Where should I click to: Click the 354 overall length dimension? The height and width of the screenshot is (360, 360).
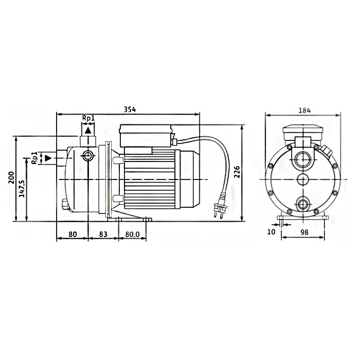(130, 109)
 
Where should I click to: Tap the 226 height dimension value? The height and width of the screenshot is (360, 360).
(237, 172)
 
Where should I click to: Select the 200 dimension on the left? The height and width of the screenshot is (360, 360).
(11, 177)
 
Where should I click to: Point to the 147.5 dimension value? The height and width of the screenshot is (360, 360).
(22, 189)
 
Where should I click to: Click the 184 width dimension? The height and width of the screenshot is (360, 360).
(304, 111)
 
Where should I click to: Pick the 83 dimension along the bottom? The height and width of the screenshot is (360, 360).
(103, 234)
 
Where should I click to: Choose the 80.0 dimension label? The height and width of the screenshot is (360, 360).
(133, 235)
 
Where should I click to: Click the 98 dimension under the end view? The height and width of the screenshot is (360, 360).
(304, 232)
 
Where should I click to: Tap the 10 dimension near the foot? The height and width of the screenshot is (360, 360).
(271, 231)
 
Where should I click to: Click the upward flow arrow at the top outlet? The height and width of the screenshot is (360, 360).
(88, 131)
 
